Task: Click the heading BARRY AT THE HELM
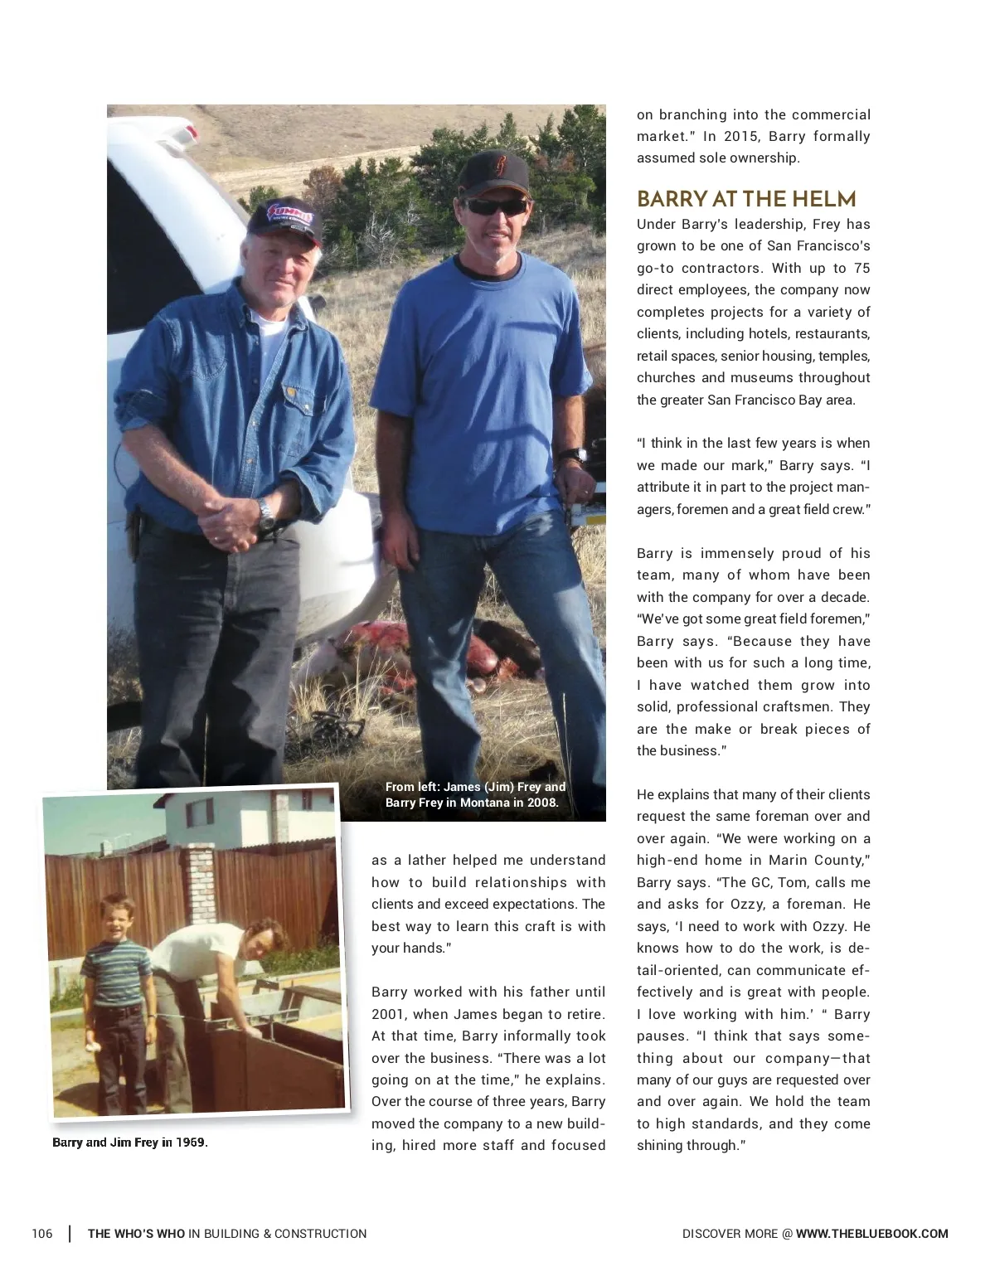pos(746,199)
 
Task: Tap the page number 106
pos(42,1234)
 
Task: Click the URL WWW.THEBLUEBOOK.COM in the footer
pos(871,1234)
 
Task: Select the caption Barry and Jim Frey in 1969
pos(130,1143)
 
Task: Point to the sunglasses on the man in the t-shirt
pos(495,206)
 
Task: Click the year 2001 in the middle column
pos(389,1014)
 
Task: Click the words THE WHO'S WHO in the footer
pos(137,1234)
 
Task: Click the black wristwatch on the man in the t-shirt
pos(573,455)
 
